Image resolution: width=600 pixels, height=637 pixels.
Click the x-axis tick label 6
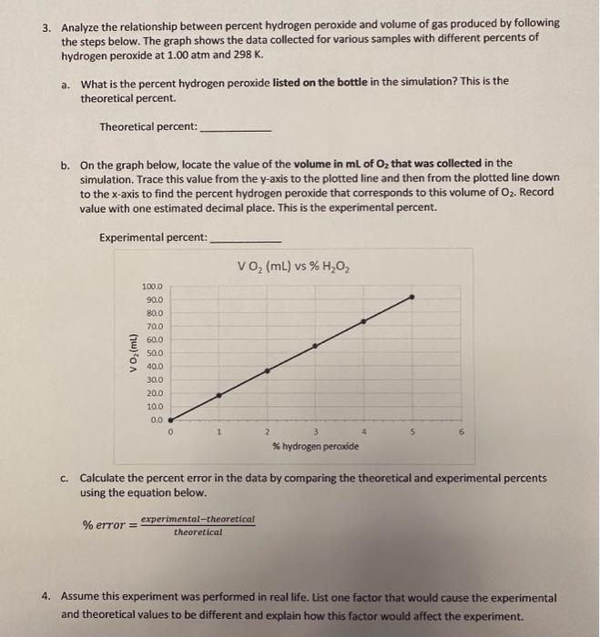tap(461, 432)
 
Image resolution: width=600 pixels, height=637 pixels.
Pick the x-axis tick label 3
tap(315, 432)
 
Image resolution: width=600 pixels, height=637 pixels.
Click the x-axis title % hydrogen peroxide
tap(315, 446)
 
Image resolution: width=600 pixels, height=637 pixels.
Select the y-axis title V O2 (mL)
tap(134, 353)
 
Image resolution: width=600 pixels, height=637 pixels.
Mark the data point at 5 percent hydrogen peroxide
tap(412, 297)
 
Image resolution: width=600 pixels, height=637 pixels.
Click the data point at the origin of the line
tap(171, 420)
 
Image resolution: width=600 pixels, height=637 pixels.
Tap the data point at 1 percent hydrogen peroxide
tap(219, 395)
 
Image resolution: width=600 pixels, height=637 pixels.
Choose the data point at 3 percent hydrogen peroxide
tap(316, 346)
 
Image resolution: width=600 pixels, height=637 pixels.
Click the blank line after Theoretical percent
tap(235, 128)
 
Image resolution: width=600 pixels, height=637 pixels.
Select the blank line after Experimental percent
tap(245, 239)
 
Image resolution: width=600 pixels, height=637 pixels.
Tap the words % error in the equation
tap(102, 526)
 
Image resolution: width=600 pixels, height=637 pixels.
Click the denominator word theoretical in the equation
tap(198, 532)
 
